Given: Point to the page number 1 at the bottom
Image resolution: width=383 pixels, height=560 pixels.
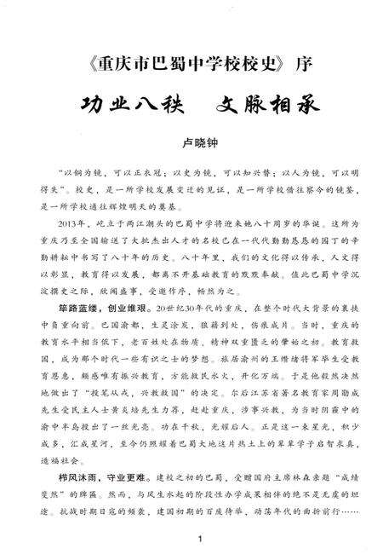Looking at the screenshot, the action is point(197,539).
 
